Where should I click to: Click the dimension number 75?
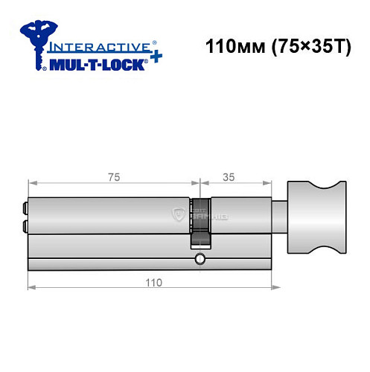pos(113,176)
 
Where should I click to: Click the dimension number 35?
pos(230,176)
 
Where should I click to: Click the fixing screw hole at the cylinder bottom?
pos(199,259)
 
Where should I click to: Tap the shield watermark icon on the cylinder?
pos(178,215)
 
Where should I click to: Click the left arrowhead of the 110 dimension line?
pos(31,287)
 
